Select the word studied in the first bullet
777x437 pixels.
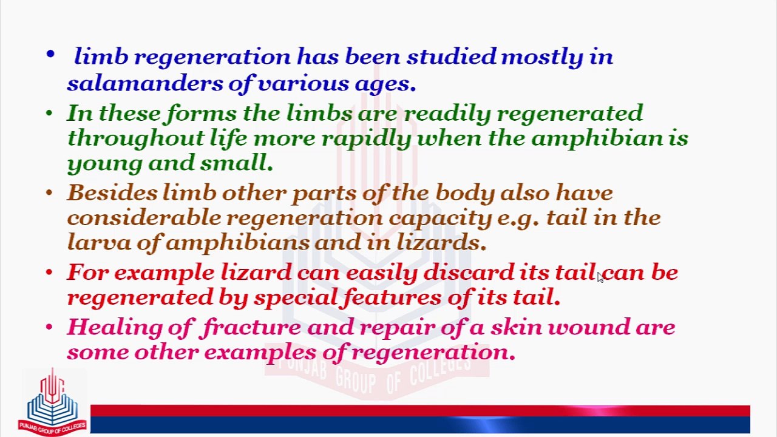pos(452,57)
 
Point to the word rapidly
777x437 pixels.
pos(366,138)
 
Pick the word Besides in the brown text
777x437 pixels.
pos(112,193)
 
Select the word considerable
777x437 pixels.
pos(144,218)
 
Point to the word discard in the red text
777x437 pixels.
pos(468,273)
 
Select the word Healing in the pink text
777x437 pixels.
pos(114,328)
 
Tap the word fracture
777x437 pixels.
pos(251,328)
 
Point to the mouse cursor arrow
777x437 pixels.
pos(600,277)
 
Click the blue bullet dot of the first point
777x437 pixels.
pos(50,56)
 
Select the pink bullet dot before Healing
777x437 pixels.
pos(50,328)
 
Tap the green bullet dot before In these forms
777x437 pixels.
pos(50,113)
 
